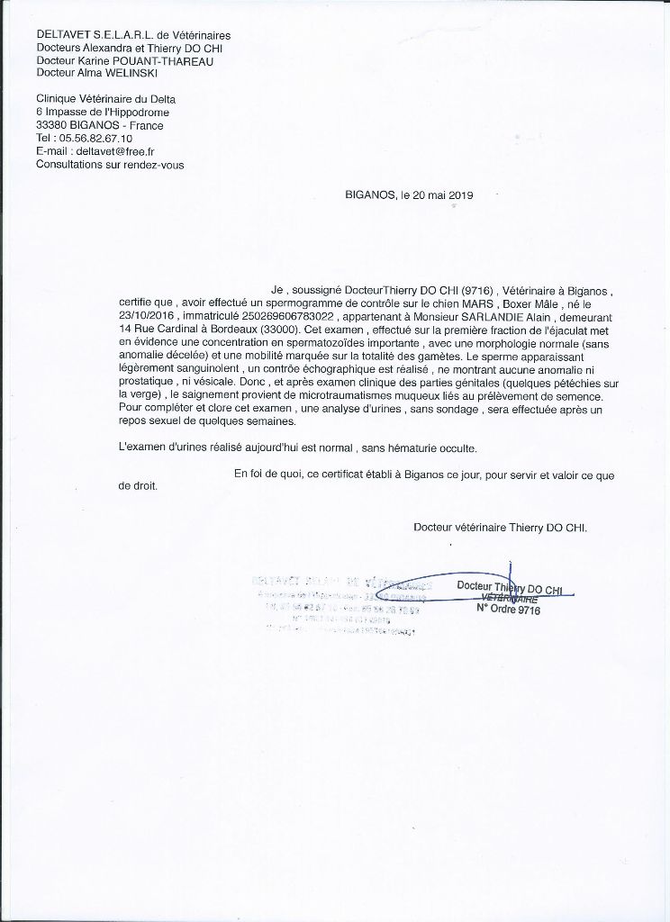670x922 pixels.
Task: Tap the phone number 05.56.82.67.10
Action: coord(96,139)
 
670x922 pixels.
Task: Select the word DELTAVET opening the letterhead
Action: coord(60,35)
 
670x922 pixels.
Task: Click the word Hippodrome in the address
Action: coord(139,113)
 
